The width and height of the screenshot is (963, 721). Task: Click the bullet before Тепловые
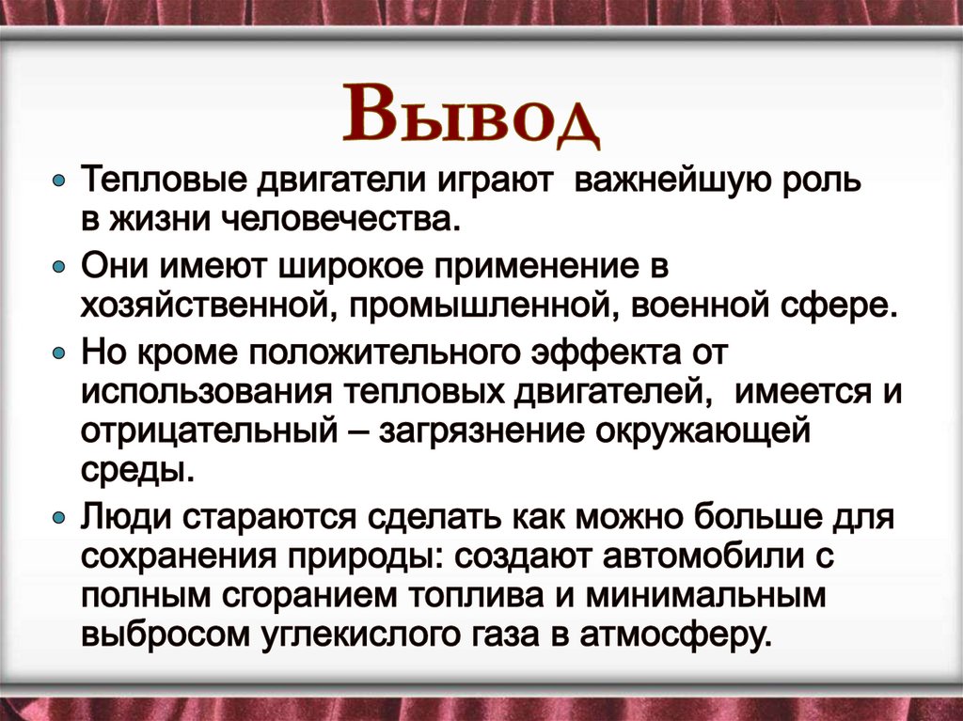point(59,179)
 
